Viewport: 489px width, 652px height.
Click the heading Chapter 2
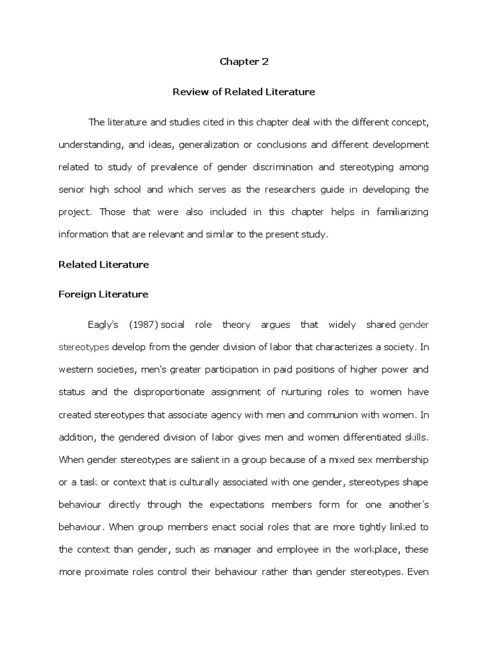pyautogui.click(x=244, y=62)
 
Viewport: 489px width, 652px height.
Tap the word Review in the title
pyautogui.click(x=188, y=92)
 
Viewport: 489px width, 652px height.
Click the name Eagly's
pyautogui.click(x=104, y=325)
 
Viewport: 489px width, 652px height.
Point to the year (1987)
pyautogui.click(x=143, y=325)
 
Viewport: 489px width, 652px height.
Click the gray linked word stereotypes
pyautogui.click(x=84, y=348)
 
